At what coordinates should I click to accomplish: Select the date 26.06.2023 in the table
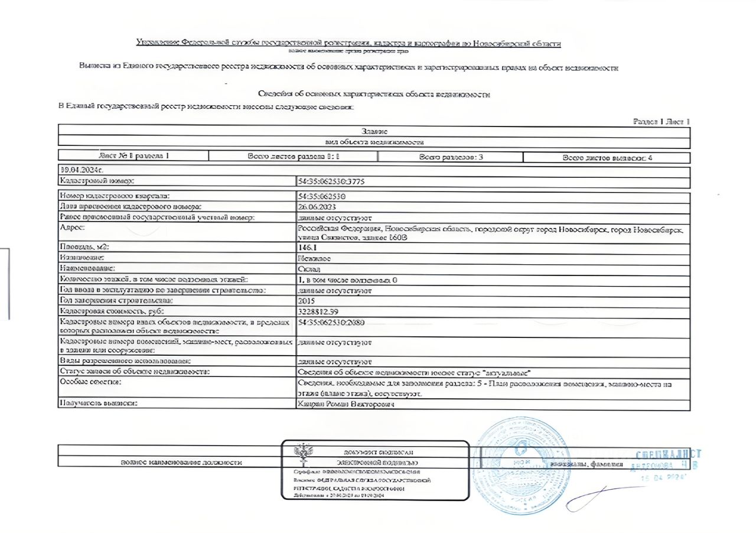[x=319, y=206]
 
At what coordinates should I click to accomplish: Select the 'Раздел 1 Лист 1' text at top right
[x=661, y=122]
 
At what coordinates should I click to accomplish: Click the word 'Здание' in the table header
[x=374, y=131]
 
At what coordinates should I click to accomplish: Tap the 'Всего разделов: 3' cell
[x=451, y=157]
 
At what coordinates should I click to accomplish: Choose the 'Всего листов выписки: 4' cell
[x=607, y=158]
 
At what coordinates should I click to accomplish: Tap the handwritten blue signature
[x=597, y=498]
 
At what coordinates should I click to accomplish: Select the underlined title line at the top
[x=348, y=43]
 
